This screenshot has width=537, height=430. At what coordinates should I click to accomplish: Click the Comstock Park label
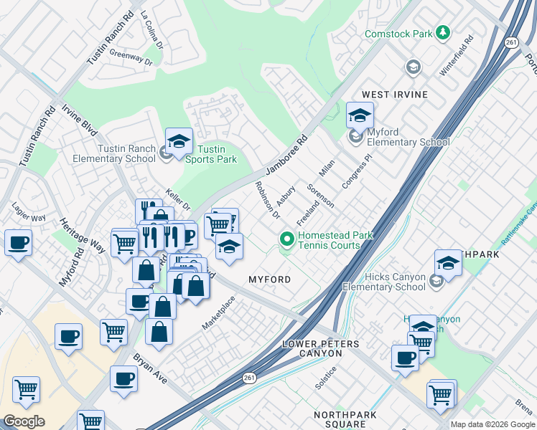[398, 34]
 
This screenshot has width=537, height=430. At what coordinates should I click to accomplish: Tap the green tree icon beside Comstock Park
[444, 32]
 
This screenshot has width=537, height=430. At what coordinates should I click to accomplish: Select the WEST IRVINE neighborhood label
[394, 95]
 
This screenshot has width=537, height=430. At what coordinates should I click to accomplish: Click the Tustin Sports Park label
[217, 154]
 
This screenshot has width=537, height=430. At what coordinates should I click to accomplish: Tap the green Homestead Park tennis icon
[287, 239]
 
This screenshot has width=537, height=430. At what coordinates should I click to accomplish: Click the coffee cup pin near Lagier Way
[18, 242]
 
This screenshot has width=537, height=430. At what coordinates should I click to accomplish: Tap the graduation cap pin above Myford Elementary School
[360, 115]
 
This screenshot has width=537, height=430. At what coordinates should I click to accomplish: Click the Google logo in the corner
[24, 421]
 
